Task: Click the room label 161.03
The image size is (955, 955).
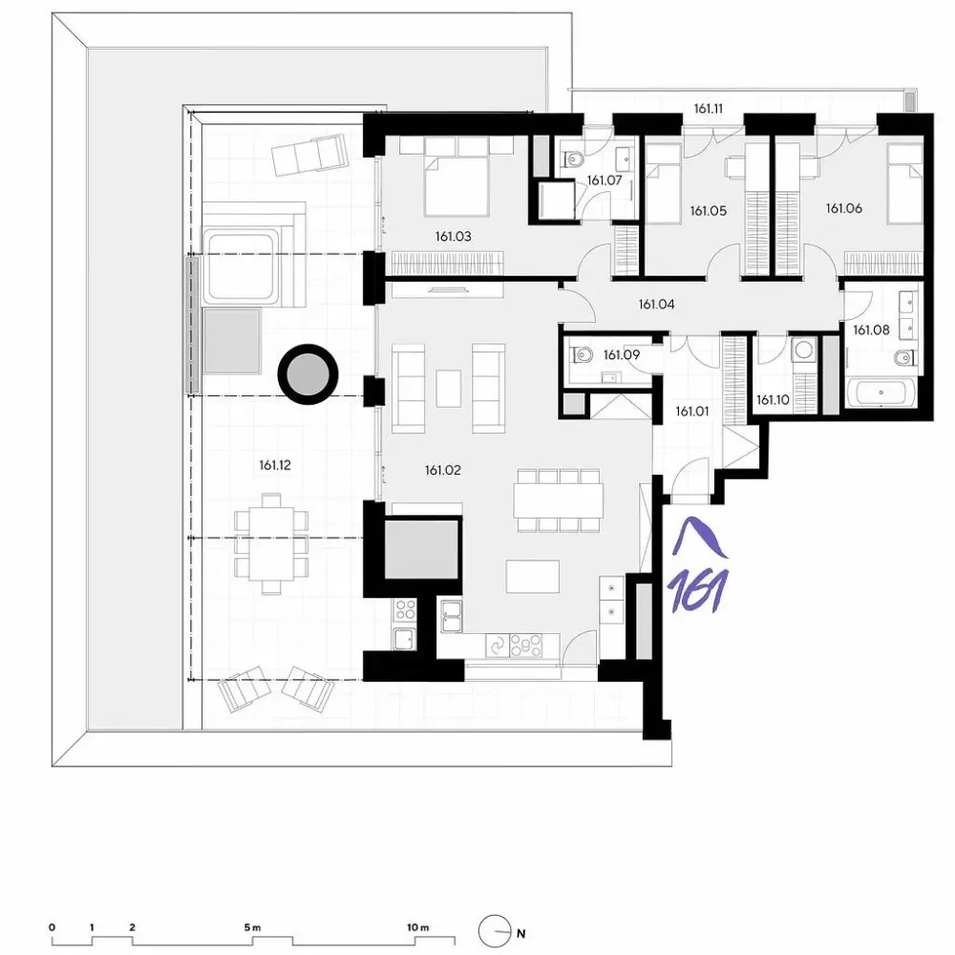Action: click(x=453, y=236)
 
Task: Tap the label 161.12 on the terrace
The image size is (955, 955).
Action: click(x=275, y=465)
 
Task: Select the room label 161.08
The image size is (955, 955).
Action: click(x=871, y=330)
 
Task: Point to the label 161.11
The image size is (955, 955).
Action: click(x=709, y=109)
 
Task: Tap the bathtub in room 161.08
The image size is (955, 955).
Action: click(x=881, y=393)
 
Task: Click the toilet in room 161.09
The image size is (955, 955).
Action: click(x=581, y=354)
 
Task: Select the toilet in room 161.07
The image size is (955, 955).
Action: click(x=572, y=159)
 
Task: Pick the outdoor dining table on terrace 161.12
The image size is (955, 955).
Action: click(x=271, y=543)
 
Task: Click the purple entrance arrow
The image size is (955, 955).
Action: click(x=699, y=537)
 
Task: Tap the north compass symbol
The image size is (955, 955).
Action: click(x=494, y=931)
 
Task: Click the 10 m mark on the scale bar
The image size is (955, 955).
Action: click(x=418, y=927)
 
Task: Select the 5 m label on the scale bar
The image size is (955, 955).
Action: click(x=252, y=927)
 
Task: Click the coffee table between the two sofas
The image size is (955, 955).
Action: click(x=448, y=388)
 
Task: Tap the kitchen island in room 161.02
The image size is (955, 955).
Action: click(x=532, y=576)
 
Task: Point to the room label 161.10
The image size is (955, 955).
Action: click(x=773, y=400)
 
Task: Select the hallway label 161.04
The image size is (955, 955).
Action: click(x=657, y=304)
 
